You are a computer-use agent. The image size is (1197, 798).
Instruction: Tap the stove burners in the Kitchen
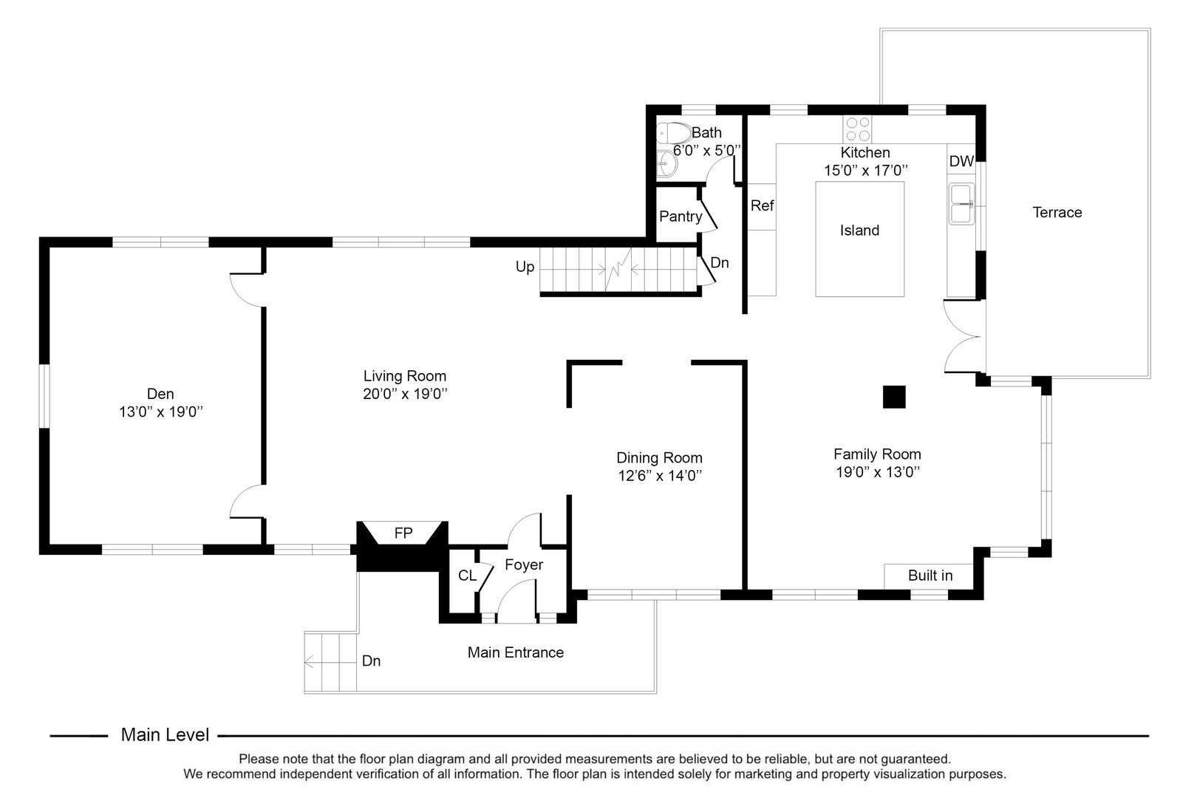click(x=857, y=129)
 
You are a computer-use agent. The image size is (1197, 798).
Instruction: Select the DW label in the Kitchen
click(x=961, y=161)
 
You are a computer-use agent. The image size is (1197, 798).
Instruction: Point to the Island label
click(x=859, y=231)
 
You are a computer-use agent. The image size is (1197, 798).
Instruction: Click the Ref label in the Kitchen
click(x=762, y=205)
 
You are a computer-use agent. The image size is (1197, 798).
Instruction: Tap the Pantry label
click(x=681, y=216)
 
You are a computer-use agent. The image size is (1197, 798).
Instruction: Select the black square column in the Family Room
click(x=894, y=397)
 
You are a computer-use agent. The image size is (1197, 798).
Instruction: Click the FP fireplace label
click(x=403, y=532)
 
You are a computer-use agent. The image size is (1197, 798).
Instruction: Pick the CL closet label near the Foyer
click(x=467, y=575)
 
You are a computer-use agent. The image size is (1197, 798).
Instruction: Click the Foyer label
click(x=524, y=565)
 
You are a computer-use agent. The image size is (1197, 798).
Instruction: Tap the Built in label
click(x=930, y=576)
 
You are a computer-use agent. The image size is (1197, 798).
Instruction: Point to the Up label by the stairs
click(x=525, y=267)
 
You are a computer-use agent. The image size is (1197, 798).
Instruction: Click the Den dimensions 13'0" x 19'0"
click(x=161, y=412)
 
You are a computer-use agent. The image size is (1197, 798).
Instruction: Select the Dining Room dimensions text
click(x=659, y=477)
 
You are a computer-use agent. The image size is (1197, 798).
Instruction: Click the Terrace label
click(x=1057, y=213)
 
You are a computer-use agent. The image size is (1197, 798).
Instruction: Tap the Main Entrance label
click(x=515, y=652)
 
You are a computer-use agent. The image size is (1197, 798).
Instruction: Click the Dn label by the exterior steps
click(x=371, y=661)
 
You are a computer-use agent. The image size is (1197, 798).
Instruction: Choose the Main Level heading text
click(x=165, y=735)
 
